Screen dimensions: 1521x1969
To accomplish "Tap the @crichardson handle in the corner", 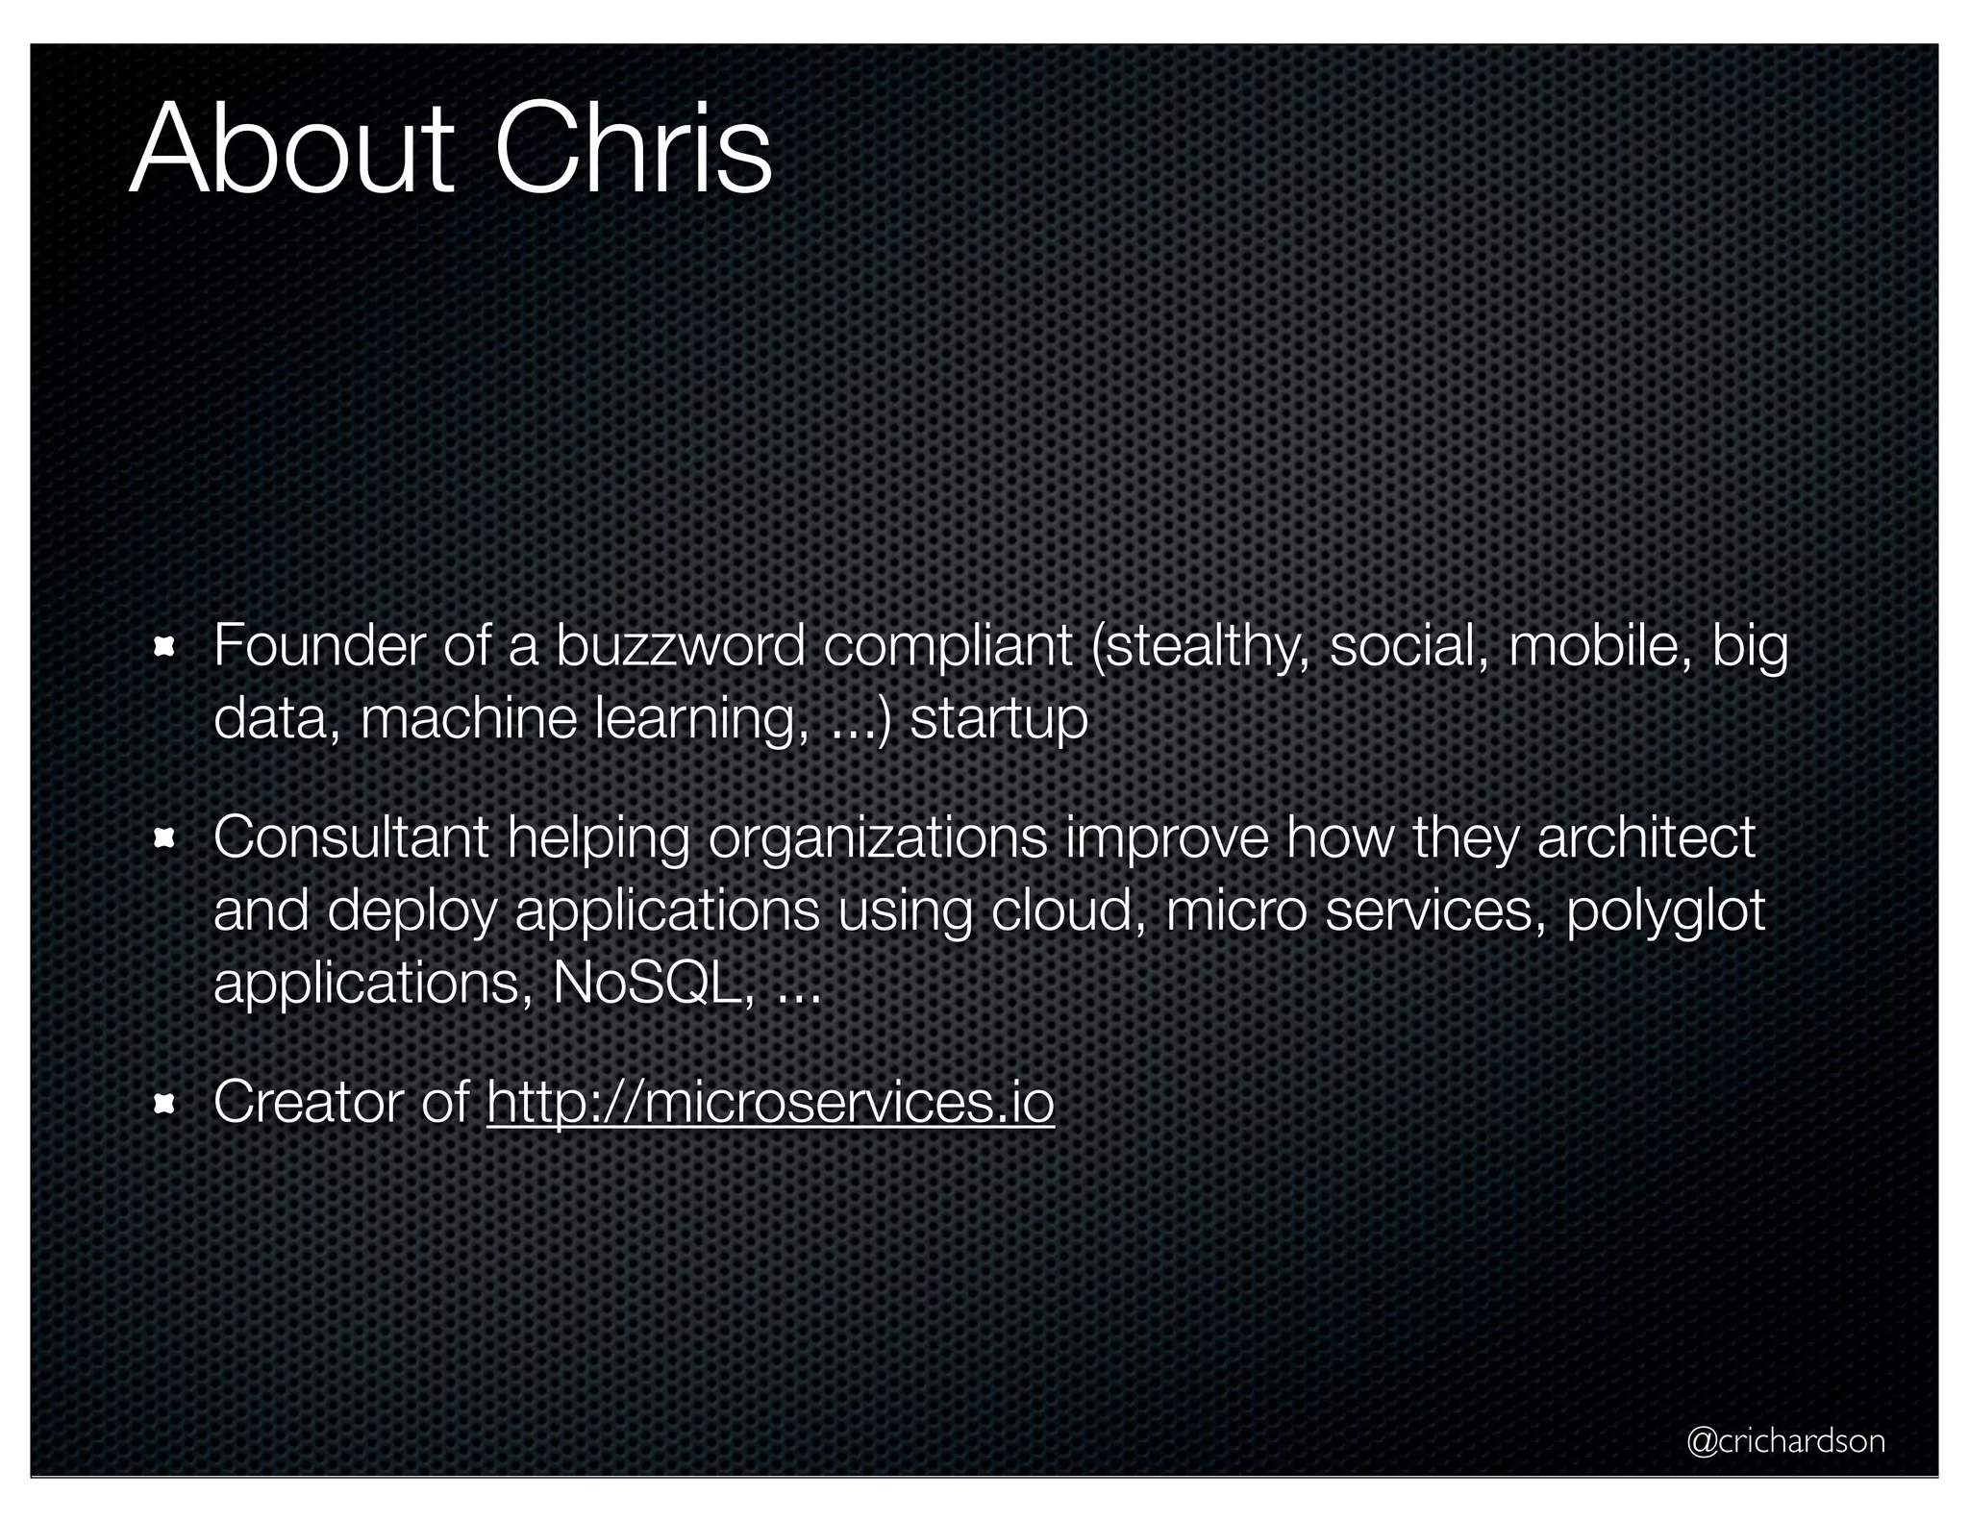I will pyautogui.click(x=1785, y=1440).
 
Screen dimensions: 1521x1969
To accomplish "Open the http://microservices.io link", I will pyautogui.click(x=770, y=1102).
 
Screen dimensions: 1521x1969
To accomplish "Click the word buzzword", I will pyautogui.click(x=680, y=645).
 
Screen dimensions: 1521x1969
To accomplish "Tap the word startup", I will pyautogui.click(x=998, y=719).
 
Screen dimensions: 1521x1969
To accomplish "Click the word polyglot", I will pyautogui.click(x=1665, y=911).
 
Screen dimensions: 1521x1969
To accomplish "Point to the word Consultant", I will pyautogui.click(x=351, y=837).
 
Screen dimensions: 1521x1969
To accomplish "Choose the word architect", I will pyautogui.click(x=1646, y=837).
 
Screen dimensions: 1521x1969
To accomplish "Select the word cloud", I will pyautogui.click(x=1067, y=910).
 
